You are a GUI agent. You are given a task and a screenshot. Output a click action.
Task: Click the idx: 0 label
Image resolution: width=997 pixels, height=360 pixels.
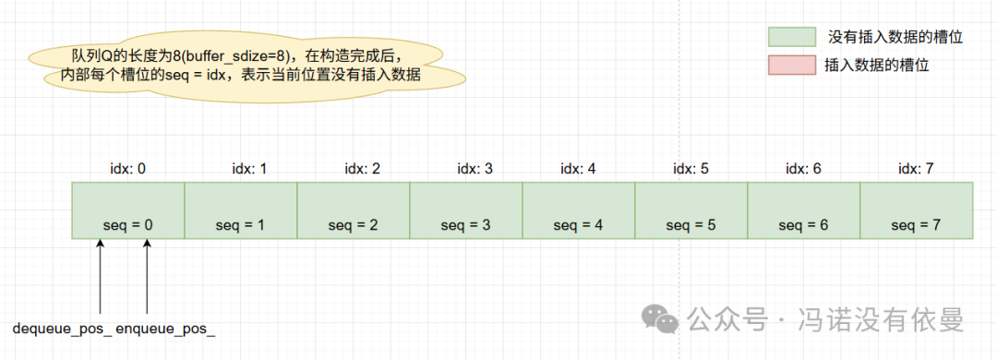pos(128,169)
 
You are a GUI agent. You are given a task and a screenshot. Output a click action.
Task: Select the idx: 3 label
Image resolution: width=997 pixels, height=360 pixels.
pos(474,169)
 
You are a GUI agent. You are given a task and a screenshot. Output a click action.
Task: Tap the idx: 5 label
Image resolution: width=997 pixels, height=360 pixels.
pos(691,169)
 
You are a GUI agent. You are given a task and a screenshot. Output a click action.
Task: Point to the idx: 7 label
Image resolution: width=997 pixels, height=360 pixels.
pos(916,169)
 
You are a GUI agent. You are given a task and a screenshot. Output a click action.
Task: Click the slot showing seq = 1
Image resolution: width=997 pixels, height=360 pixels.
pos(241,210)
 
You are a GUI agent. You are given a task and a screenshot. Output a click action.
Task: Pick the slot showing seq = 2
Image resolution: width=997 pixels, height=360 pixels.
pos(354,210)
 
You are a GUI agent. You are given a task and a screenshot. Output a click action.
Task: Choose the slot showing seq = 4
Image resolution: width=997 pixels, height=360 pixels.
pos(579,210)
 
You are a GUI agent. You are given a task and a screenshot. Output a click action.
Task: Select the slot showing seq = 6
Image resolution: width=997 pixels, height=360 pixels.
pos(803,210)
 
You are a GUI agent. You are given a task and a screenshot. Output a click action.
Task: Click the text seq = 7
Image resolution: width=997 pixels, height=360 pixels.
pos(916,225)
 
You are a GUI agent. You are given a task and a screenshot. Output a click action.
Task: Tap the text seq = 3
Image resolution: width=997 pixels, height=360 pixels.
pos(466,225)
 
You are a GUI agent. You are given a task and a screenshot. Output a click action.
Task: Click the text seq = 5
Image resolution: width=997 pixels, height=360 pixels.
pos(691,225)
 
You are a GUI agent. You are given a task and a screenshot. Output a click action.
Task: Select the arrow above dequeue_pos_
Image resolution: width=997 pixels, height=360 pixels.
pos(100,277)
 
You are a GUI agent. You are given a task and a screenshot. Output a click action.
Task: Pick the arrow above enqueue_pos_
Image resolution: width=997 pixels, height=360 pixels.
pos(148,277)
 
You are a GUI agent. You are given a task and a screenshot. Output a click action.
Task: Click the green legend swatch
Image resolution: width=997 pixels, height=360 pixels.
pos(791,36)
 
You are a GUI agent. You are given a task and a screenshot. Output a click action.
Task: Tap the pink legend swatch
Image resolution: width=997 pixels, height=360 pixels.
pos(791,66)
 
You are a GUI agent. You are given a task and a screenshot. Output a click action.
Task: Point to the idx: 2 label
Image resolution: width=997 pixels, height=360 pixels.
pos(362,169)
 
